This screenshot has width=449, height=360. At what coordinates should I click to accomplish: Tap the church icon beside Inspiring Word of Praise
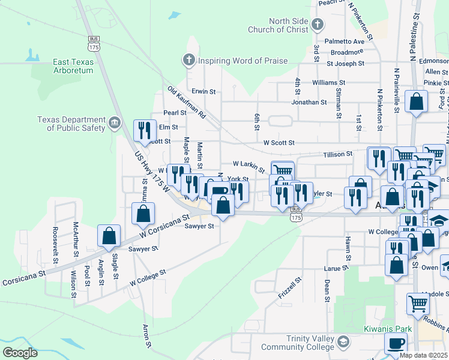pos(188,60)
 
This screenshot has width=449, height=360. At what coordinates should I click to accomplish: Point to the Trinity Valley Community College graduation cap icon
pos(343,343)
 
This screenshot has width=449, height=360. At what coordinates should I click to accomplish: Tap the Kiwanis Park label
pos(387,329)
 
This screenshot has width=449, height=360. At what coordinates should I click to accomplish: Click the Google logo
pos(20,352)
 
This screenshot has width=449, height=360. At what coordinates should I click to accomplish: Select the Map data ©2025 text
pos(423,355)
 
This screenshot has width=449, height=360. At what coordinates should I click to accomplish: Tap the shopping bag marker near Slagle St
pos(109,235)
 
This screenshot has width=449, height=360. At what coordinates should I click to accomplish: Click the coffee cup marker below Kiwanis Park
pos(395,344)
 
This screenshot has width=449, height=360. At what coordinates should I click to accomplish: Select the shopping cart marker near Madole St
pos(418,302)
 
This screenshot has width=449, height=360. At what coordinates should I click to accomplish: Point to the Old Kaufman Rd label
pos(187,103)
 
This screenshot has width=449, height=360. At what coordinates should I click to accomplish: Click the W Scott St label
pos(279,143)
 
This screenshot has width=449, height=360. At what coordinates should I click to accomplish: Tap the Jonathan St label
pos(309,102)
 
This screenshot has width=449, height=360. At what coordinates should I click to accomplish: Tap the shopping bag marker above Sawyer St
pos(223,205)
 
